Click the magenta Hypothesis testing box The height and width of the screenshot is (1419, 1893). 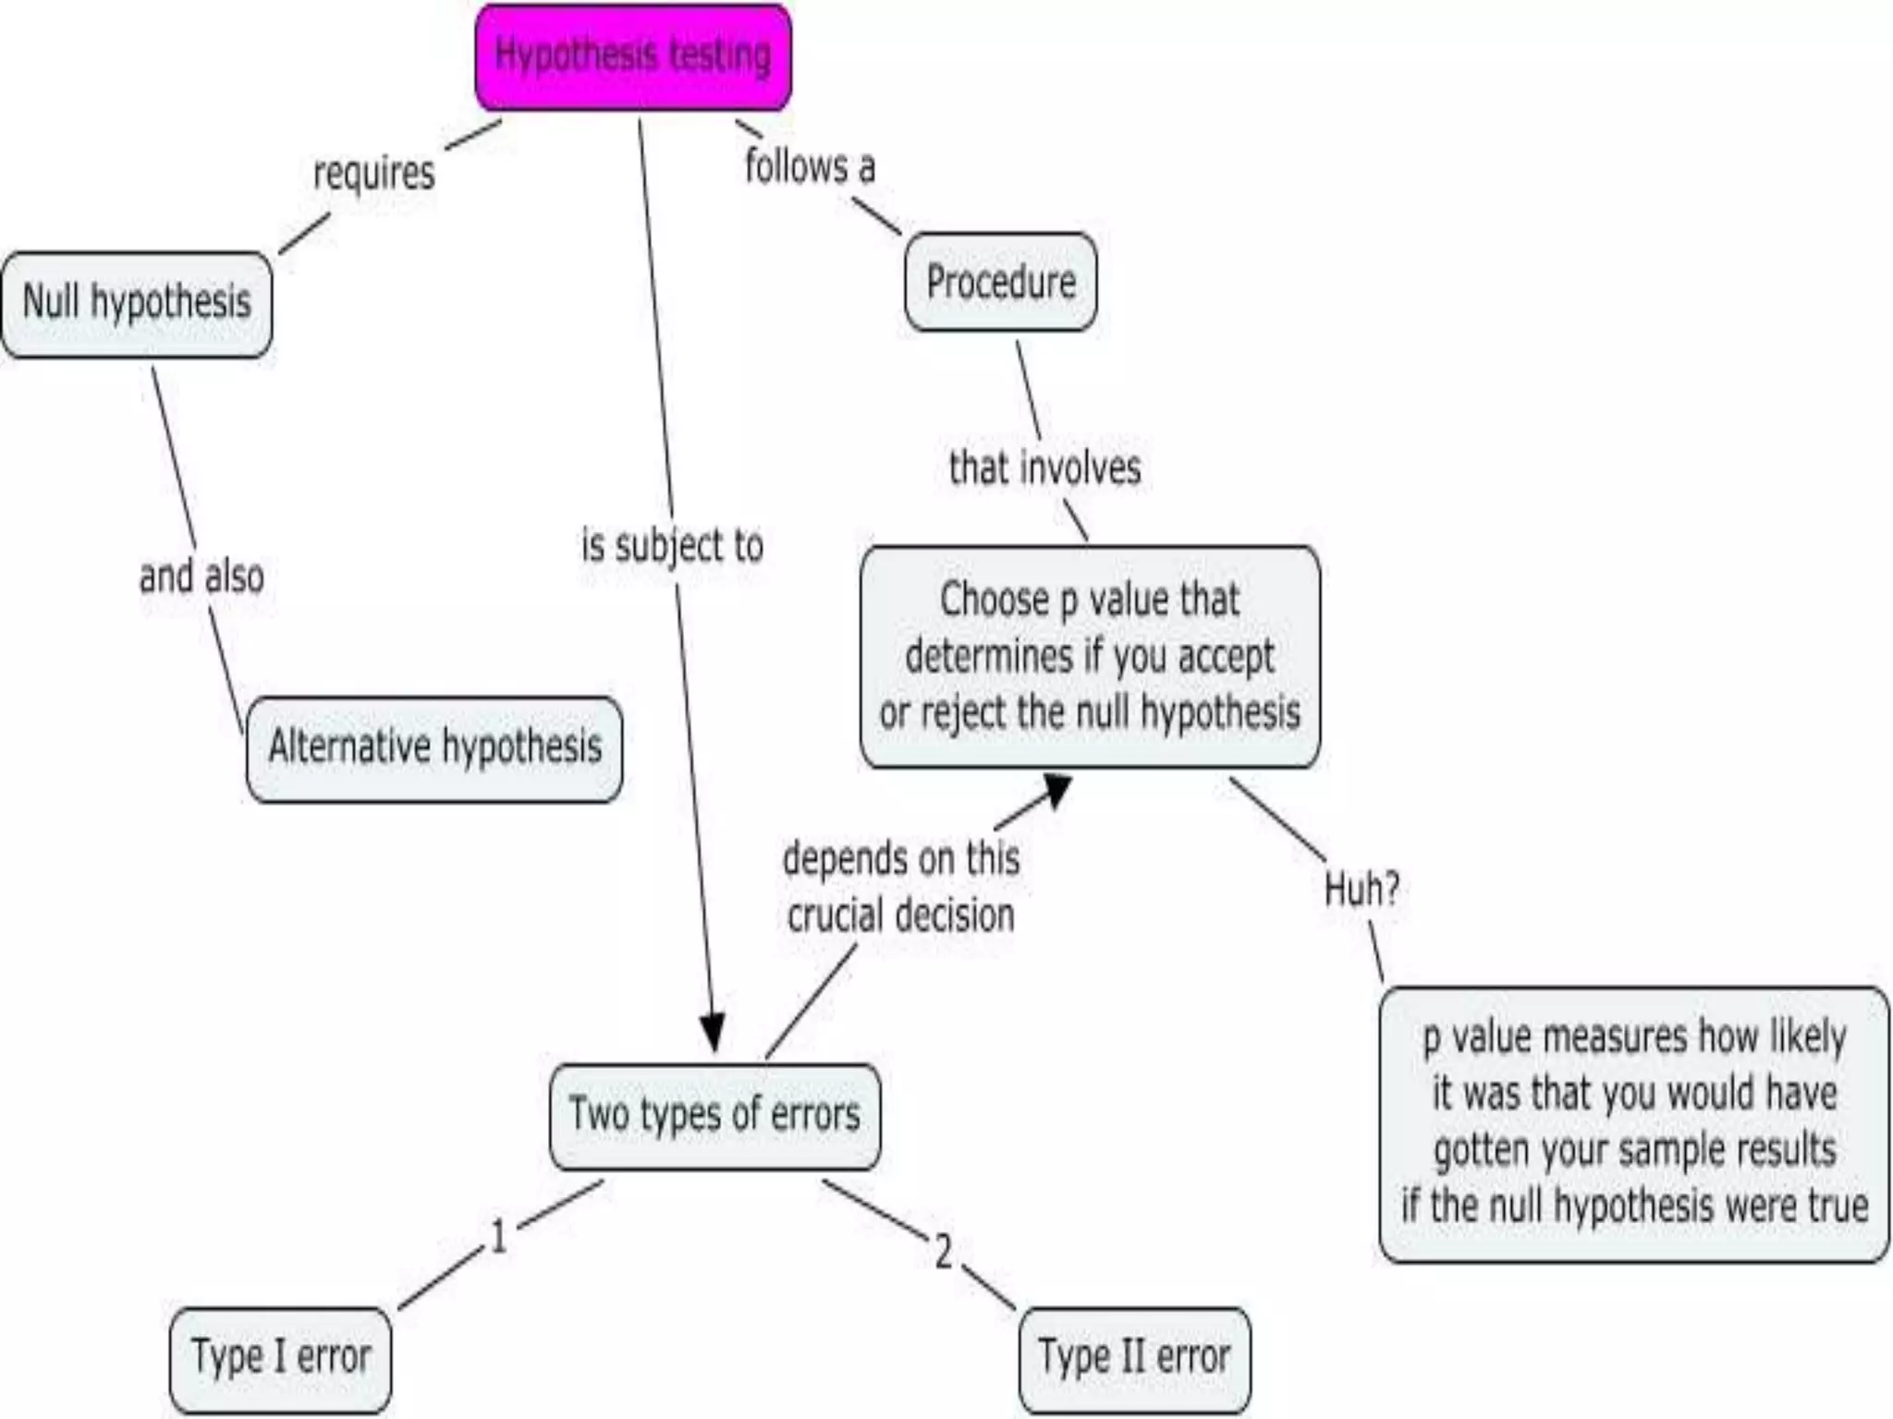tap(633, 57)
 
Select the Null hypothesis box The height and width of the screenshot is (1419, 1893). tap(137, 304)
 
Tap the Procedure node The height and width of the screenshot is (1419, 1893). tap(1001, 282)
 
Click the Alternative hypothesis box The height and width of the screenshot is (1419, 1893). tap(434, 748)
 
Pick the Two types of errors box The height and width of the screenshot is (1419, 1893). tap(714, 1116)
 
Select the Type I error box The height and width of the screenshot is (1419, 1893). tap(280, 1359)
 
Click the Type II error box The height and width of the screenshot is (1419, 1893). tap(1134, 1359)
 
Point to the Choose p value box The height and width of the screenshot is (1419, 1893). tap(1090, 657)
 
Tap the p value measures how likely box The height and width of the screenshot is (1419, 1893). tap(1633, 1123)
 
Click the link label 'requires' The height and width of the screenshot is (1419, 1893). tap(373, 174)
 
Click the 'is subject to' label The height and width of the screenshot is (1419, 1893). tap(672, 546)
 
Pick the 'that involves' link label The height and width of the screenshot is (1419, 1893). tap(1044, 468)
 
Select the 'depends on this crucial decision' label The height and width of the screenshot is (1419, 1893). tap(901, 887)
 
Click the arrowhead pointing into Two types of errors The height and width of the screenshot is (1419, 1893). tap(712, 1033)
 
